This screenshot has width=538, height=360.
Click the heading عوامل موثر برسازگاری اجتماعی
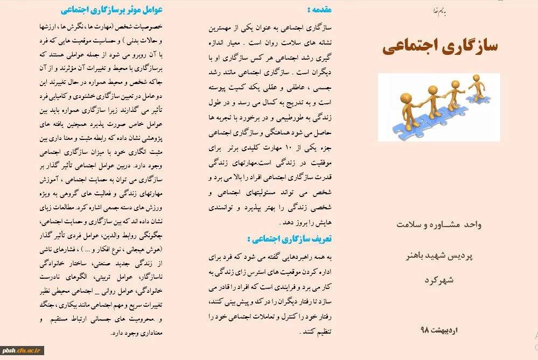click(x=111, y=9)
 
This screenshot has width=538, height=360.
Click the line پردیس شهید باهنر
click(x=439, y=256)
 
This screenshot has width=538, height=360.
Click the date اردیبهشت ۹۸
click(x=439, y=329)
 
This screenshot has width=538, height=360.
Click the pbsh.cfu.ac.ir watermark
click(x=22, y=351)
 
